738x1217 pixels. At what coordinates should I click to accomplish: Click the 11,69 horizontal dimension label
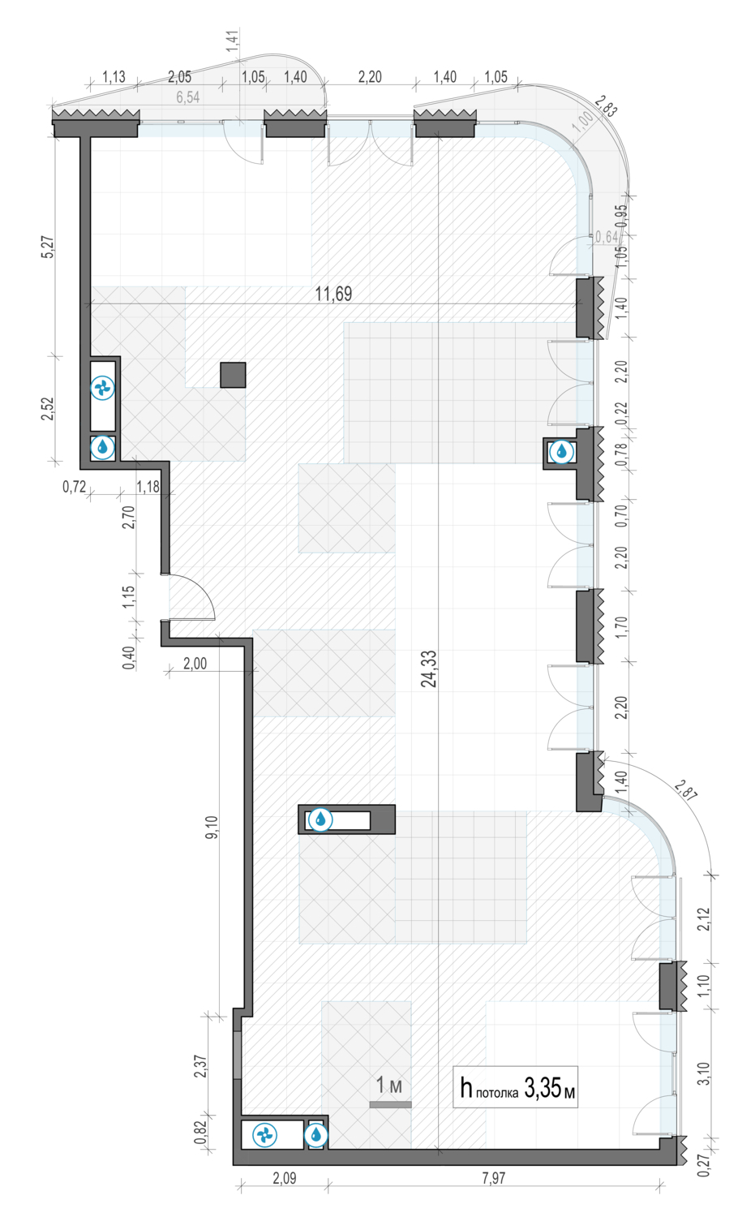[333, 294]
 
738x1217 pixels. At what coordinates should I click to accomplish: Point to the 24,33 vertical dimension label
[429, 669]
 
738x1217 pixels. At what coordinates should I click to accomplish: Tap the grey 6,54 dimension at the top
[188, 97]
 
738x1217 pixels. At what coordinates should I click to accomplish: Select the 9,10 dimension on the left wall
[212, 827]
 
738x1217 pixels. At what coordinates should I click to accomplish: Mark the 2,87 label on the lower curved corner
[685, 790]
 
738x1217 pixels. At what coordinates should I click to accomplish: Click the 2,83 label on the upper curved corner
[606, 106]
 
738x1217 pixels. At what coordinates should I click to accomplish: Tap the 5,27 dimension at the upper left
[49, 247]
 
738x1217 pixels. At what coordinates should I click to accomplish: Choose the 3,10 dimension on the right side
[703, 1073]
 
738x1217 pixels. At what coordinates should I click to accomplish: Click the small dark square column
[233, 375]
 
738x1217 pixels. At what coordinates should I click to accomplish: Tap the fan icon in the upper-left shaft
[102, 389]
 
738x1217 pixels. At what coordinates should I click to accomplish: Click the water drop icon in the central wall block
[320, 819]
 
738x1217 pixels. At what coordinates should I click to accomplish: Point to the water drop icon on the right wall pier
[561, 451]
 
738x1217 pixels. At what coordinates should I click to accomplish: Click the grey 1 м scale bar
[390, 1104]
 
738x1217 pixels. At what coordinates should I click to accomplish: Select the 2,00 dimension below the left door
[195, 664]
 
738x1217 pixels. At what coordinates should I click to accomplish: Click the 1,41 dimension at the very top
[233, 41]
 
